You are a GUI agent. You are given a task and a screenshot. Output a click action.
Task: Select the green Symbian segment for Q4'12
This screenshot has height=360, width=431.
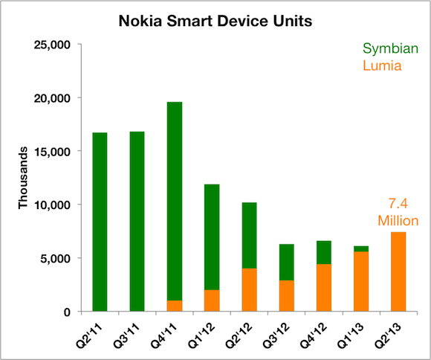tap(324, 252)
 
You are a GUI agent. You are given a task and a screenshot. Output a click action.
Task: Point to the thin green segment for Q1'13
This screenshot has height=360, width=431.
tap(360, 248)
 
